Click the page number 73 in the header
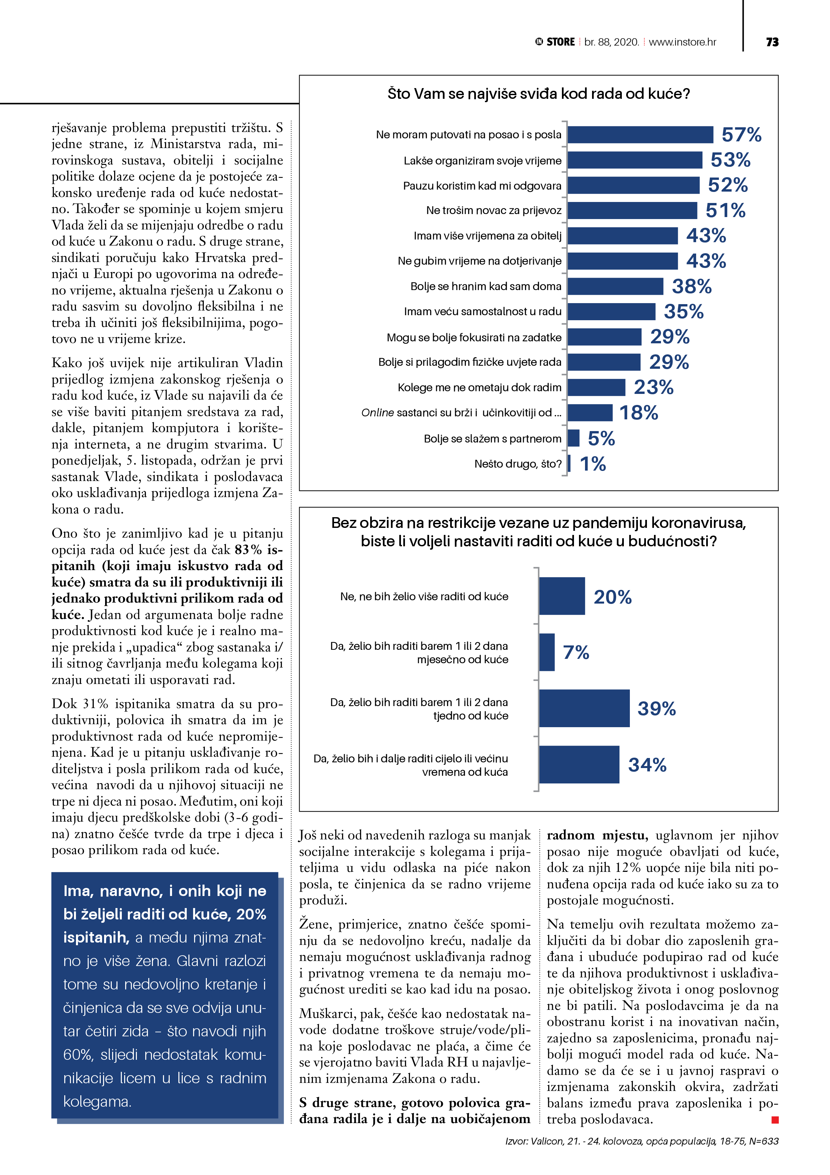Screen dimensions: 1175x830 tap(772, 42)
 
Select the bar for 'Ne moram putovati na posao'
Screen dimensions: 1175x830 tap(640, 135)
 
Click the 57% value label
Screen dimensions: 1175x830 tap(742, 135)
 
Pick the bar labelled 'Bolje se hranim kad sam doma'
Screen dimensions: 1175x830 tap(615, 286)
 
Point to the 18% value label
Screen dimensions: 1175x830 tap(639, 412)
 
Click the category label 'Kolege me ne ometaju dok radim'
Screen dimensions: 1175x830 tap(479, 388)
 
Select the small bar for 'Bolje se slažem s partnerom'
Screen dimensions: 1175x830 tap(574, 438)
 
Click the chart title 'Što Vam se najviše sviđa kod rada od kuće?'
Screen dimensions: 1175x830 tap(538, 94)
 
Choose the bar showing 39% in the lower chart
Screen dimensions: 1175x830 tap(584, 708)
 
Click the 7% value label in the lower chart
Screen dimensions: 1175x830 tap(576, 652)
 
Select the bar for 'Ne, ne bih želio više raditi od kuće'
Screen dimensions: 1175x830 tap(562, 596)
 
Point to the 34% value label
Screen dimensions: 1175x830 tap(647, 765)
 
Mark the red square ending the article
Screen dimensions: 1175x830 tap(775, 1120)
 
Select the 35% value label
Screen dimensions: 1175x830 tap(684, 312)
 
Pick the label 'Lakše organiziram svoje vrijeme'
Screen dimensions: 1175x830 tap(482, 161)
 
